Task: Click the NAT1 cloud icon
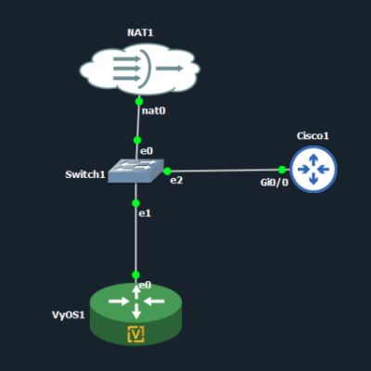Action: tap(140, 69)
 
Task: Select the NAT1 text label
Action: tap(140, 32)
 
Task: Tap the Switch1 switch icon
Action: tap(135, 171)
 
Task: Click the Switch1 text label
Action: tap(85, 174)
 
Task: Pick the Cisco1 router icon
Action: tap(313, 170)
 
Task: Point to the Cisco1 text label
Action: tap(313, 135)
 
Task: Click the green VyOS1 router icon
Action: tap(135, 313)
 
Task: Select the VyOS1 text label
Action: tap(69, 314)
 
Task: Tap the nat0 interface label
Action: tap(154, 110)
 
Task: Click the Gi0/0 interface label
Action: tap(275, 183)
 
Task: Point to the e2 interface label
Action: tap(176, 180)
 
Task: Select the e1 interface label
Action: tap(145, 213)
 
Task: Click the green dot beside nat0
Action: tap(139, 101)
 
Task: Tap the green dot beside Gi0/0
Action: tap(282, 170)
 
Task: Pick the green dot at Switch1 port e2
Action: tap(167, 171)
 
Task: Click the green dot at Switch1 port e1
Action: tap(135, 203)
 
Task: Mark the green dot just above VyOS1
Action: tap(135, 275)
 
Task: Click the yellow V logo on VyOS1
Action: tap(136, 334)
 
